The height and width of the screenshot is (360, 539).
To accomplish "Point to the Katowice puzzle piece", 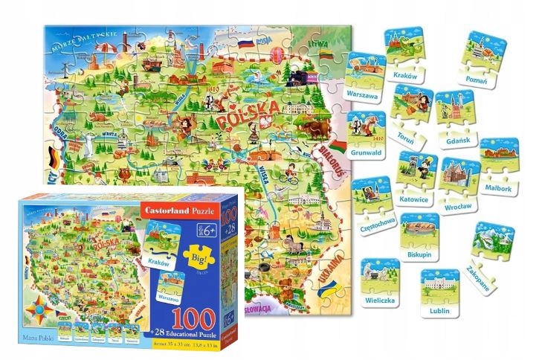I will click(418, 175).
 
